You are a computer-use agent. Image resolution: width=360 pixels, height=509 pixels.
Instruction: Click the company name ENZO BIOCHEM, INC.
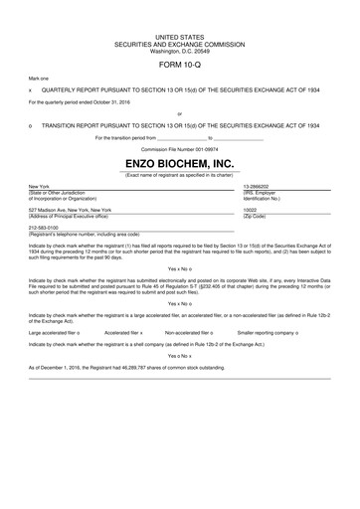click(180, 163)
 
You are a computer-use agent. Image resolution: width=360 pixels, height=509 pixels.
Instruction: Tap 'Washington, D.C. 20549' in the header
click(180, 49)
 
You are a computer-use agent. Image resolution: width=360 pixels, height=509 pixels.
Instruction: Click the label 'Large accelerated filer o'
click(55, 333)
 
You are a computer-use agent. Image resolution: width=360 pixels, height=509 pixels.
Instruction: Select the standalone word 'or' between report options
click(180, 113)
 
